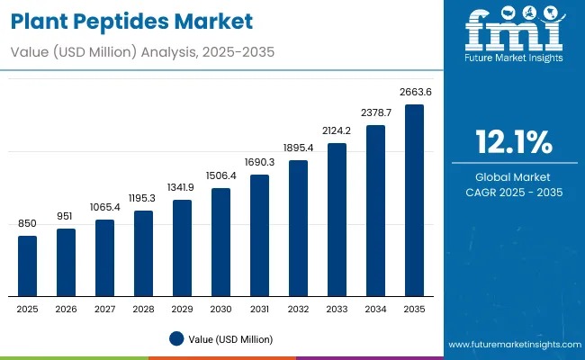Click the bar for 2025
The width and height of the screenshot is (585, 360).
click(28, 265)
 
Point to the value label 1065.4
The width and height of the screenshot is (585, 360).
click(105, 207)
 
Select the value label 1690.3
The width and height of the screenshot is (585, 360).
click(259, 162)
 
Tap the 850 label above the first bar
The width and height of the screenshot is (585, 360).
click(28, 223)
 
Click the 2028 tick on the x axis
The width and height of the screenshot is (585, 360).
click(144, 309)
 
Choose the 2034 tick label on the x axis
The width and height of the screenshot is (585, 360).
click(375, 309)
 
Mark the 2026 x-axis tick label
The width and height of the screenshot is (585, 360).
click(67, 309)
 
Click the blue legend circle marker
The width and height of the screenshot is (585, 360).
click(177, 338)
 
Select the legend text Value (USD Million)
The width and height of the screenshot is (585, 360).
click(230, 338)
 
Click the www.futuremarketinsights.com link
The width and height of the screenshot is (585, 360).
click(511, 345)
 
